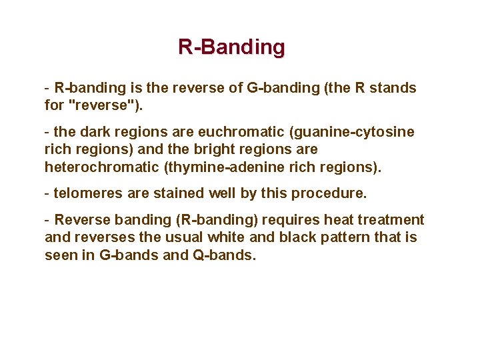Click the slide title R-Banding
231,47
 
